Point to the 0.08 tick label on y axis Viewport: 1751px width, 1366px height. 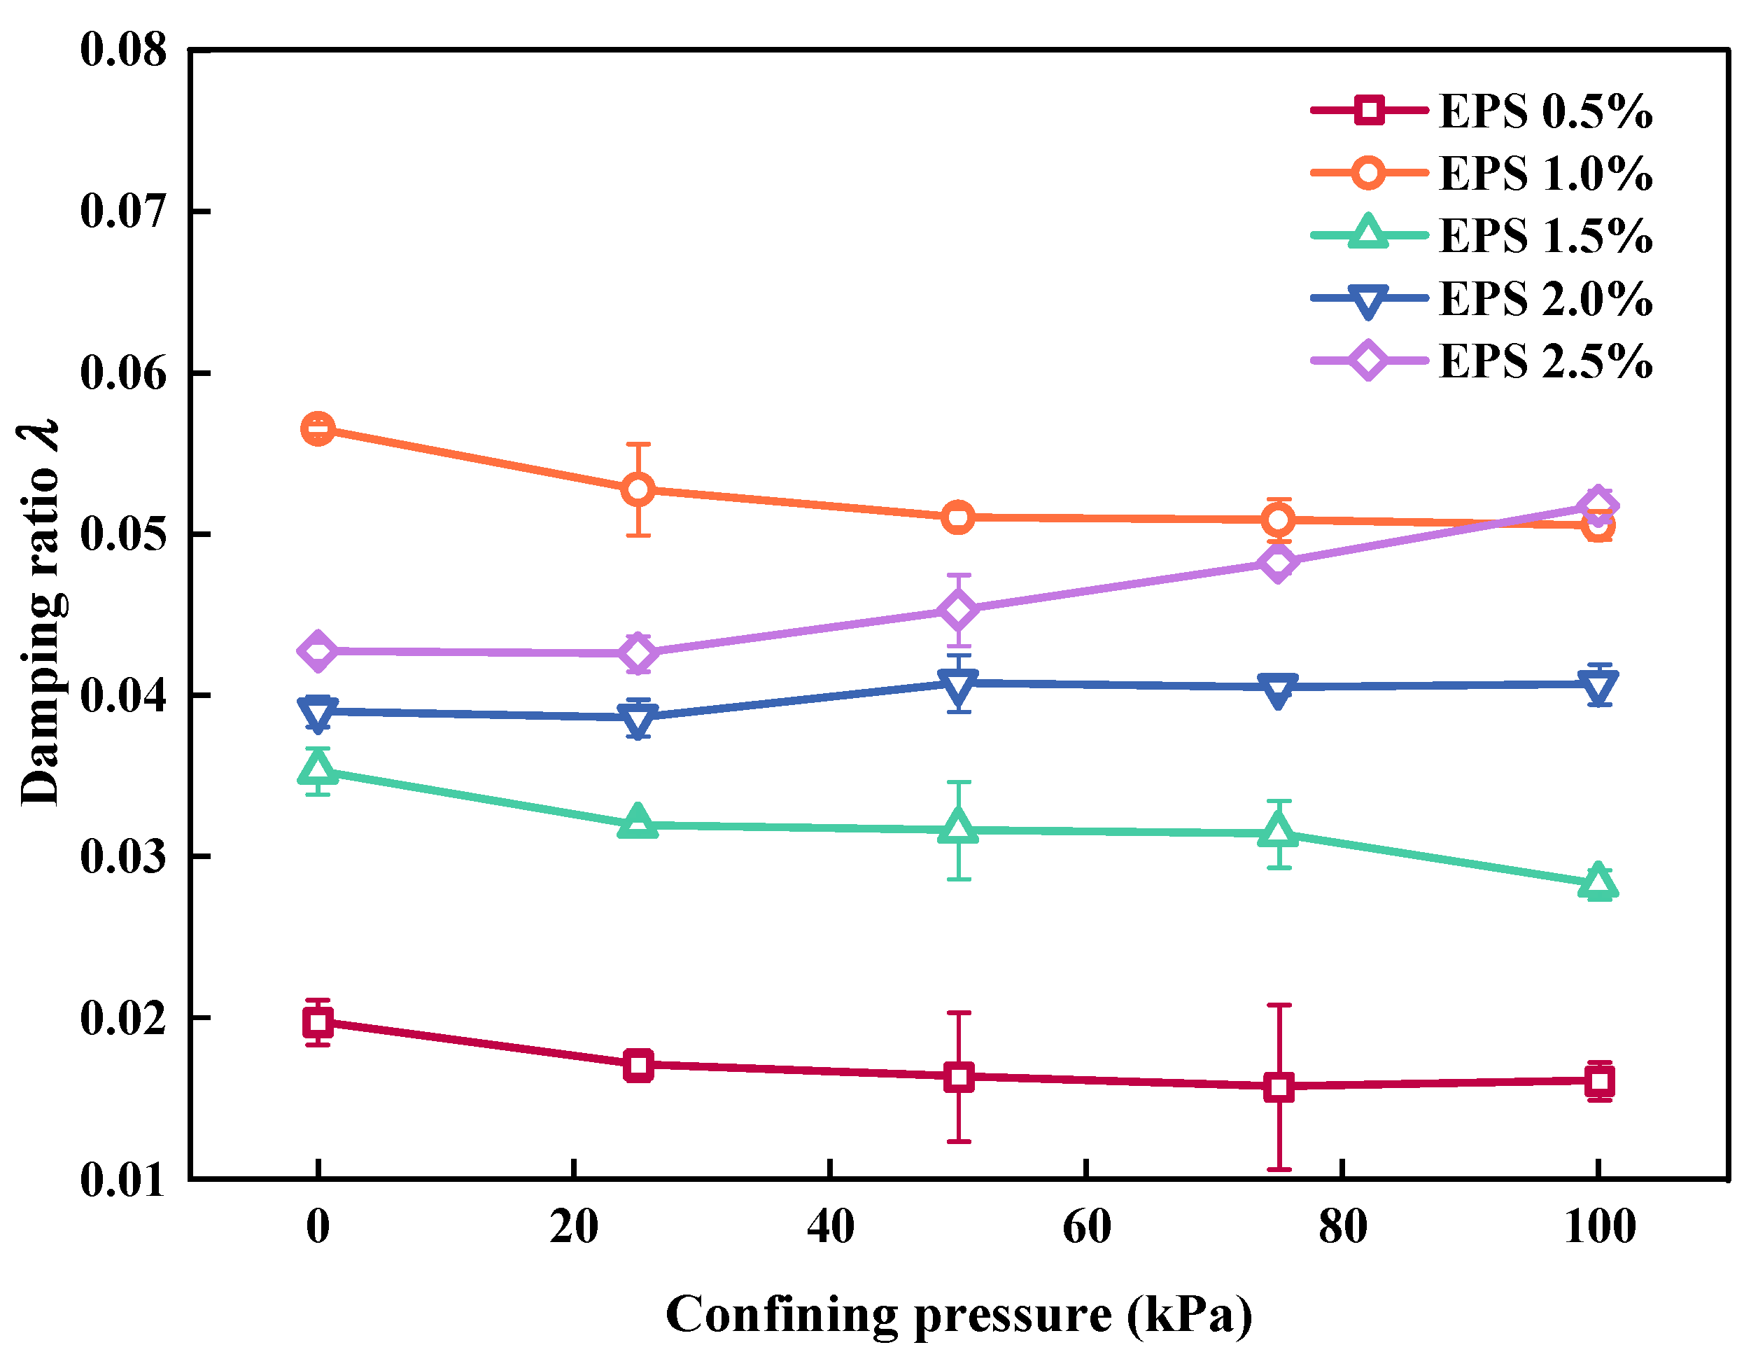123,50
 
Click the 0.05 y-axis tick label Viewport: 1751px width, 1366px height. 123,534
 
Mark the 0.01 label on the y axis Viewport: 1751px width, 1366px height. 123,1180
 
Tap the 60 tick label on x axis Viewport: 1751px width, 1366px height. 1086,1227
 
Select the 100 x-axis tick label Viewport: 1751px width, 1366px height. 1599,1227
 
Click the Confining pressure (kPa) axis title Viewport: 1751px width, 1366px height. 958,1316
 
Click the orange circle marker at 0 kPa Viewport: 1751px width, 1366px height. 318,429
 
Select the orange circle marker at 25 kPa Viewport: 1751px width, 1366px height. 638,489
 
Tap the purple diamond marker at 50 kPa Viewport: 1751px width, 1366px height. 958,611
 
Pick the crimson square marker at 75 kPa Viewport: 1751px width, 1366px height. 1279,1087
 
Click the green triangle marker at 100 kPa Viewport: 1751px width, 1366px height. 1598,882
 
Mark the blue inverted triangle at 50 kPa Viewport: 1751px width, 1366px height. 958,684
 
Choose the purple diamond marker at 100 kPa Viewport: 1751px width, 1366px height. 1598,506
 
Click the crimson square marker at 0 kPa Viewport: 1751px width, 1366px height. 318,1022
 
